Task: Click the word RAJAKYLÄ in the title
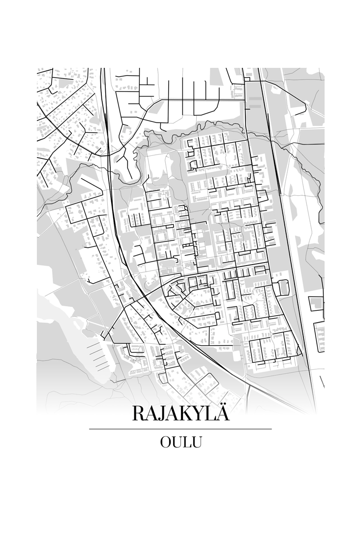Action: pyautogui.click(x=180, y=414)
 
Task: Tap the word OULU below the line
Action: pyautogui.click(x=180, y=442)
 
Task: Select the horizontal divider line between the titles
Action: pyautogui.click(x=180, y=429)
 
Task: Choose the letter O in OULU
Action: pyautogui.click(x=165, y=442)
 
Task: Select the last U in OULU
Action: pyautogui.click(x=197, y=442)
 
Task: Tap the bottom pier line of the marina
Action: pyautogui.click(x=101, y=368)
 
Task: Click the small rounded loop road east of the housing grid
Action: pyautogui.click(x=283, y=287)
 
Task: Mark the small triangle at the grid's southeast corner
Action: pyautogui.click(x=298, y=352)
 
